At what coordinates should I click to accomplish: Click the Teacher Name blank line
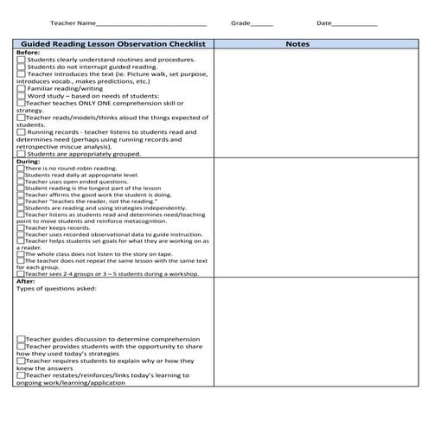151,25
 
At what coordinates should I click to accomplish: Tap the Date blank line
355,25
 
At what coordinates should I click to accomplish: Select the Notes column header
297,42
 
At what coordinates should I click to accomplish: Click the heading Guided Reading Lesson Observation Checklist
112,42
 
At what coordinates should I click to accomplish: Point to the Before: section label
29,52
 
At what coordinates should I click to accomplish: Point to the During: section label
29,161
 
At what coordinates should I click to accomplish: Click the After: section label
26,281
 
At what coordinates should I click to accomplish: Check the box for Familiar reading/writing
22,88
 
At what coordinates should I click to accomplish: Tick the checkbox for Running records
22,131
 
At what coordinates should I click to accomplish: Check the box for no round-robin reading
21,168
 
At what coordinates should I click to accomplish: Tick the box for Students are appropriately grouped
22,154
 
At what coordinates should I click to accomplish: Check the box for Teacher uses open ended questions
21,182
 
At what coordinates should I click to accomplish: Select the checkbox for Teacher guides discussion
21,340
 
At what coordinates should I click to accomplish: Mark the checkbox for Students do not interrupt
22,67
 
